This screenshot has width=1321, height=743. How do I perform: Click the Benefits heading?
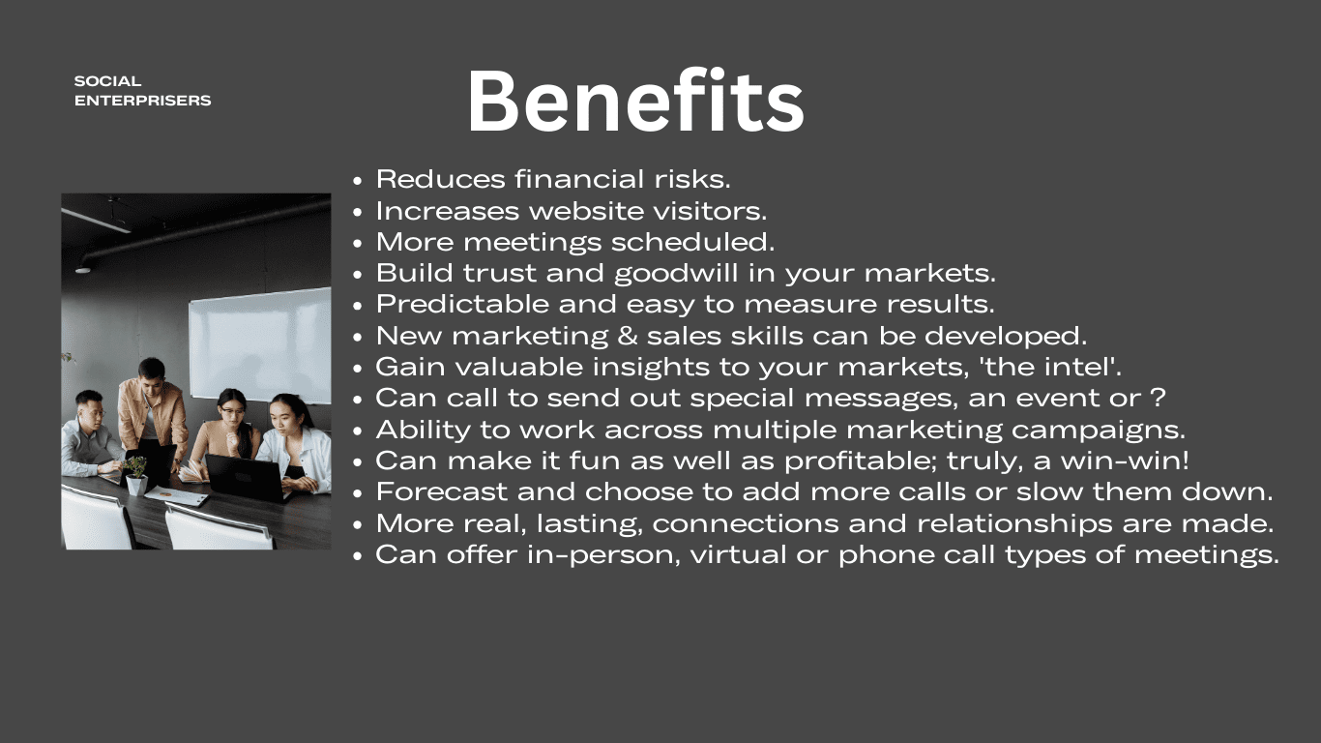point(635,102)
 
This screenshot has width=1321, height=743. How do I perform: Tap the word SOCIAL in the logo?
point(108,81)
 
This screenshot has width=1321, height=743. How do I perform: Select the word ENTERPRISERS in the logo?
point(143,101)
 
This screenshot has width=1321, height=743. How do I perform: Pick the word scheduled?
point(692,242)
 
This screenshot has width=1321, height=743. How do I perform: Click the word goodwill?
point(676,273)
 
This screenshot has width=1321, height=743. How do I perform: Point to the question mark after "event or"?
point(1158,398)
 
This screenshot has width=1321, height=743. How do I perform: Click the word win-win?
point(1125,461)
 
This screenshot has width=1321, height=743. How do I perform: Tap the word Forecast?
point(442,492)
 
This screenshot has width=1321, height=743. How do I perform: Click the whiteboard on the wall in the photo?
point(260,345)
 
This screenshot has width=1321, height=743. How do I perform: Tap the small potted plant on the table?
point(136,476)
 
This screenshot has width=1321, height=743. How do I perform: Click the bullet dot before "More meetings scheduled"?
point(357,243)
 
